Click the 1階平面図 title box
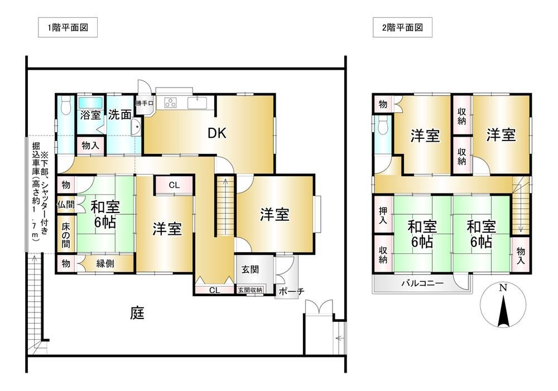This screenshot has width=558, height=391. pyautogui.click(x=68, y=27)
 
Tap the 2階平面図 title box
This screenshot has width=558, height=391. pyautogui.click(x=402, y=27)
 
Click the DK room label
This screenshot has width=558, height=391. pyautogui.click(x=217, y=133)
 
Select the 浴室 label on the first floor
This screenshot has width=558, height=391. pyautogui.click(x=90, y=114)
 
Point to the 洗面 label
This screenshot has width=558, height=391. pyautogui.click(x=119, y=114)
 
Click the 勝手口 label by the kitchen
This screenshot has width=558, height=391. pyautogui.click(x=145, y=104)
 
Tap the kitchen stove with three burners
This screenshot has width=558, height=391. pyautogui.click(x=170, y=103)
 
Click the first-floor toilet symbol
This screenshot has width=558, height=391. pyautogui.click(x=65, y=105)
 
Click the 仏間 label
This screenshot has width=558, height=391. pyautogui.click(x=66, y=205)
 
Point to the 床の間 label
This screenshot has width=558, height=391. pyautogui.click(x=66, y=235)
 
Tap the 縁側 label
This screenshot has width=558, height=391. pyautogui.click(x=105, y=263)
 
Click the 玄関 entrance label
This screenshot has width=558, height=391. pyautogui.click(x=250, y=269)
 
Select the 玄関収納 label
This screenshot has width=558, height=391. pyautogui.click(x=250, y=290)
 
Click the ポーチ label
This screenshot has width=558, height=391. pyautogui.click(x=291, y=291)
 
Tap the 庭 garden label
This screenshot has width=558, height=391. pyautogui.click(x=137, y=313)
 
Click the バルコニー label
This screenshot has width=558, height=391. pyautogui.click(x=422, y=283)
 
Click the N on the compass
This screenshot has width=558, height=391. pyautogui.click(x=503, y=288)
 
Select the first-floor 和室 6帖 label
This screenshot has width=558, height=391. pyautogui.click(x=105, y=214)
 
